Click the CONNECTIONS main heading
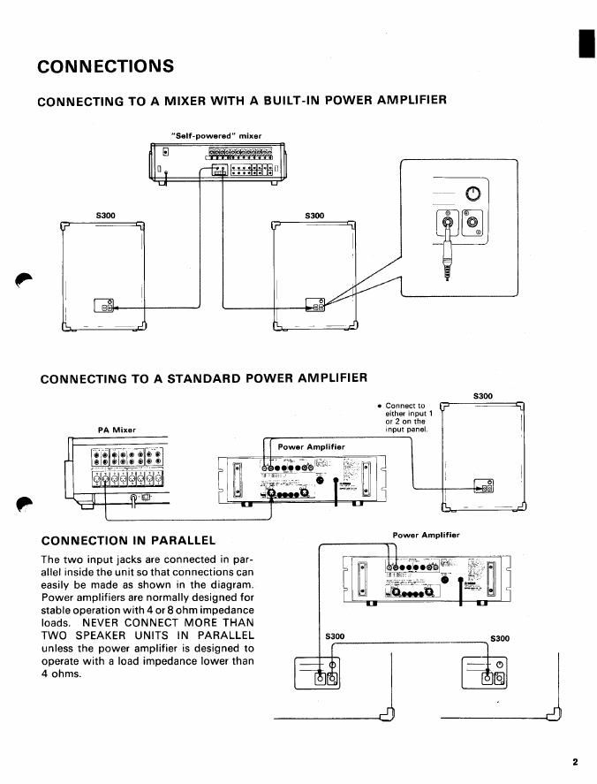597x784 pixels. pos(106,67)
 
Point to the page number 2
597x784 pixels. pos(574,761)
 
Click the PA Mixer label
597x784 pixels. pos(116,430)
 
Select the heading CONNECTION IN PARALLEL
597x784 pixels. pos(129,539)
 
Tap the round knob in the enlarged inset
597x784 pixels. pos(473,194)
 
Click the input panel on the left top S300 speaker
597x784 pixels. pos(104,307)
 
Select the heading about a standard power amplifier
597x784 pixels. pos(204,378)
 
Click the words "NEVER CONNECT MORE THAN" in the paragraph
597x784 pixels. pos(178,622)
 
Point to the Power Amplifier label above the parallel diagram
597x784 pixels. pos(427,535)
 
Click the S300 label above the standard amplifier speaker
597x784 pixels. pos(485,396)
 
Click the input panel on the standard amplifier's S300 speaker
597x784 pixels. pos(485,484)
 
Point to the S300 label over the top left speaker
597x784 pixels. pos(106,215)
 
